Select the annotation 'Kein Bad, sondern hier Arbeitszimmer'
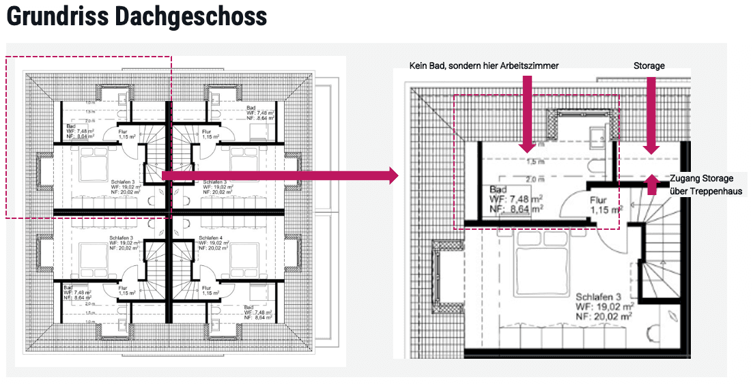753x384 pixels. (484, 65)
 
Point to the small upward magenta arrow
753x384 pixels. (652, 184)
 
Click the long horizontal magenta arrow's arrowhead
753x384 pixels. (390, 177)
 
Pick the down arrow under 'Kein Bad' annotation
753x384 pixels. (526, 113)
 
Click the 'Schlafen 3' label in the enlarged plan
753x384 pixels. (598, 297)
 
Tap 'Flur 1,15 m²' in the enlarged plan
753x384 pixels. (605, 205)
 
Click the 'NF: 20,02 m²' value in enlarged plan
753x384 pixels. (604, 316)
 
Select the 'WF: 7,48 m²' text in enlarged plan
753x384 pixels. (517, 198)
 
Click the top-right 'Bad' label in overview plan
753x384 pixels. (251, 108)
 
